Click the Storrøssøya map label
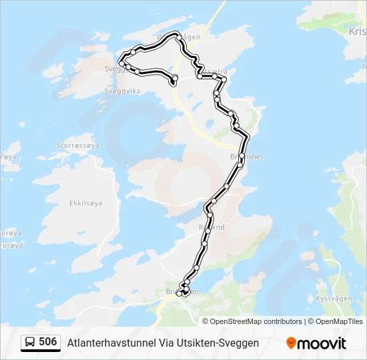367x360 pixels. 78,145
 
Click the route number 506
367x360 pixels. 47,342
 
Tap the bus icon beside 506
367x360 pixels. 30,343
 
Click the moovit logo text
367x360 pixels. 322,343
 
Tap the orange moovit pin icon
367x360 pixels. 291,343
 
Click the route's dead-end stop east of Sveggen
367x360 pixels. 174,79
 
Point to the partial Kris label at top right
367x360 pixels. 357,31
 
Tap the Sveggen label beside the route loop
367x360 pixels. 114,68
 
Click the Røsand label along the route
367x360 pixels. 212,227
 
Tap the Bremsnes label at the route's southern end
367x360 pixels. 181,291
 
